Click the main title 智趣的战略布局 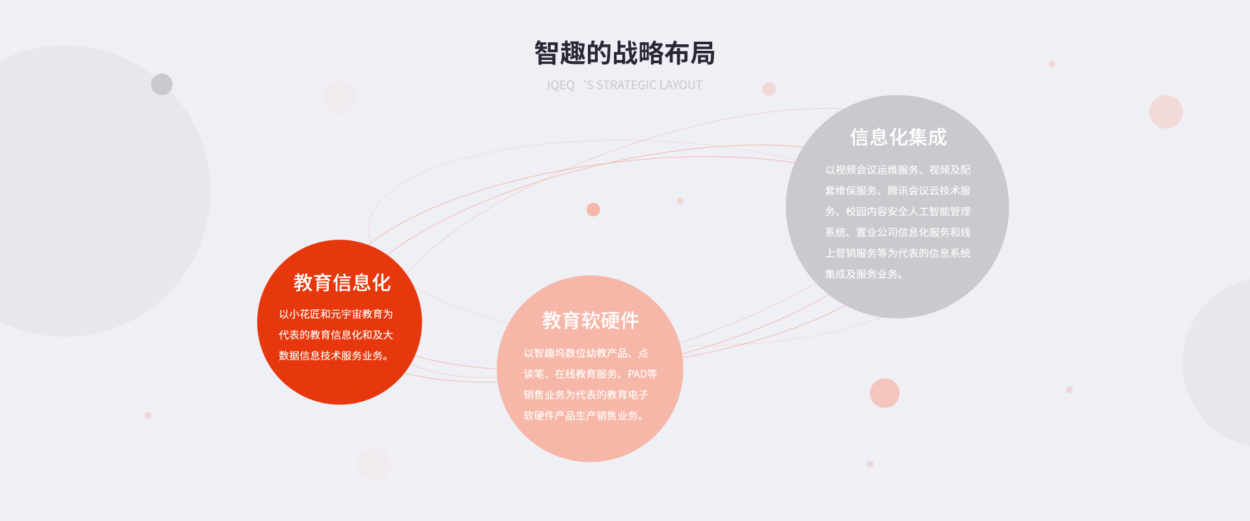[x=624, y=53]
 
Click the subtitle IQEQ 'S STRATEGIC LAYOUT [x=624, y=85]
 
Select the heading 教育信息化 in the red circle [x=342, y=283]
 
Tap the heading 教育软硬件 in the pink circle [x=590, y=320]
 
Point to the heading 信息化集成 [x=898, y=137]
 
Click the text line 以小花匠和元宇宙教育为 [x=336, y=314]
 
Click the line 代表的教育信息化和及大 [x=336, y=335]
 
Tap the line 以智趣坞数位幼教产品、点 [x=586, y=353]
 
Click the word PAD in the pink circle [x=637, y=374]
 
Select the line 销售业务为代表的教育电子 [x=586, y=395]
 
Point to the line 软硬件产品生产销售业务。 [x=585, y=415]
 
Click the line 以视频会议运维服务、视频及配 [x=898, y=170]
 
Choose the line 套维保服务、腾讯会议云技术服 [x=898, y=191]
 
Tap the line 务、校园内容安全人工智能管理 [x=898, y=212]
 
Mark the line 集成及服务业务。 [x=865, y=274]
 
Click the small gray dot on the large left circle [x=161, y=84]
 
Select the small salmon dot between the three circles [x=593, y=210]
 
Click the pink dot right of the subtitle [x=769, y=89]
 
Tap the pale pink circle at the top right [x=1166, y=112]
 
